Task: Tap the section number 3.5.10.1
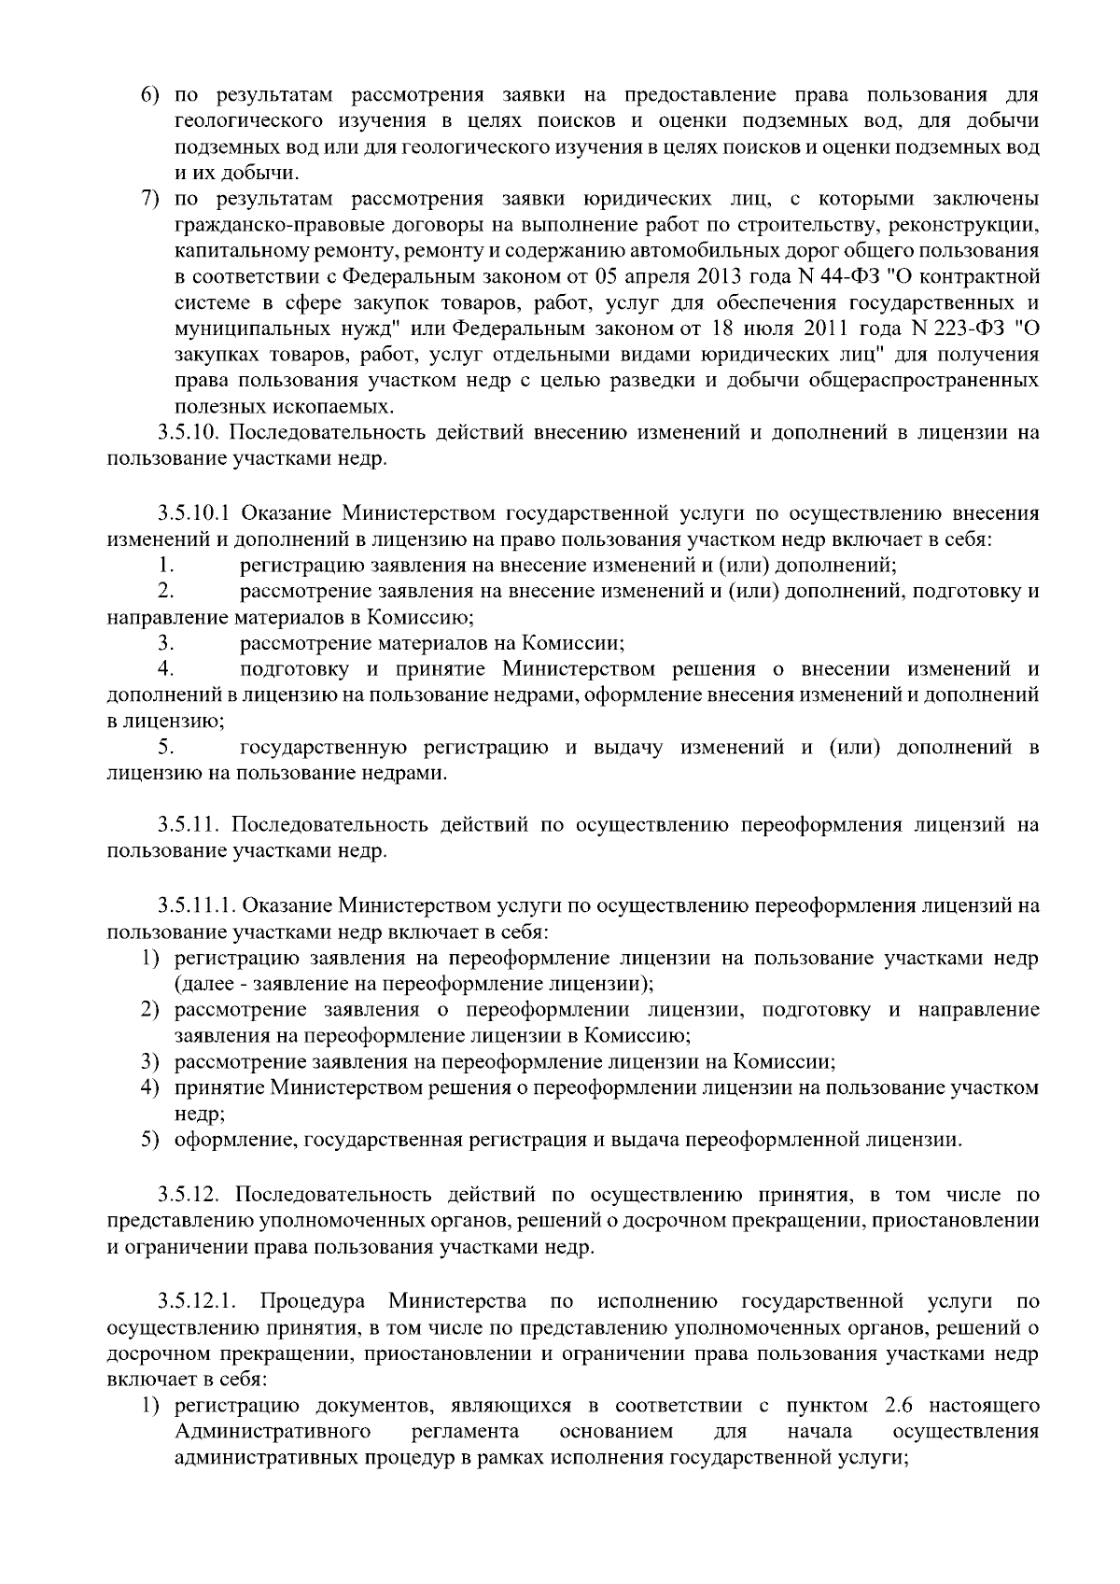coord(199,513)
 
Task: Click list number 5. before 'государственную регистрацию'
coord(165,748)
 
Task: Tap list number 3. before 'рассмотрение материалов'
coord(165,643)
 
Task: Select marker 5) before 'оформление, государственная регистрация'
coord(150,1140)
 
